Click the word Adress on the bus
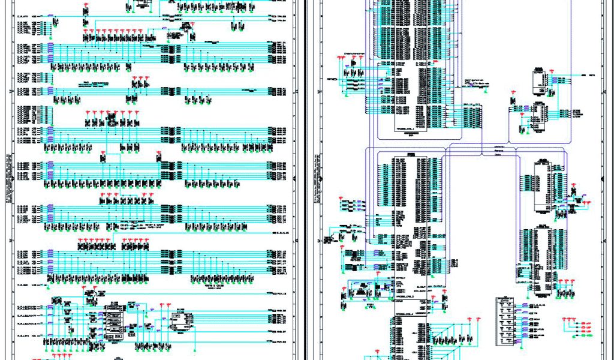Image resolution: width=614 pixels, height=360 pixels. pyautogui.click(x=498, y=150)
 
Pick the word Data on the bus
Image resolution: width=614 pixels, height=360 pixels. pyautogui.click(x=498, y=155)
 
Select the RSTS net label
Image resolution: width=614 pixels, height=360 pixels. pyautogui.click(x=591, y=76)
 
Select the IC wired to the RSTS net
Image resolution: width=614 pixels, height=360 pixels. pyautogui.click(x=539, y=82)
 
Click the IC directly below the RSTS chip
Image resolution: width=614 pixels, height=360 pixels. pyautogui.click(x=537, y=116)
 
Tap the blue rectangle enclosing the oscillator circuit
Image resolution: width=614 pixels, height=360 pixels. pyautogui.click(x=362, y=292)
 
